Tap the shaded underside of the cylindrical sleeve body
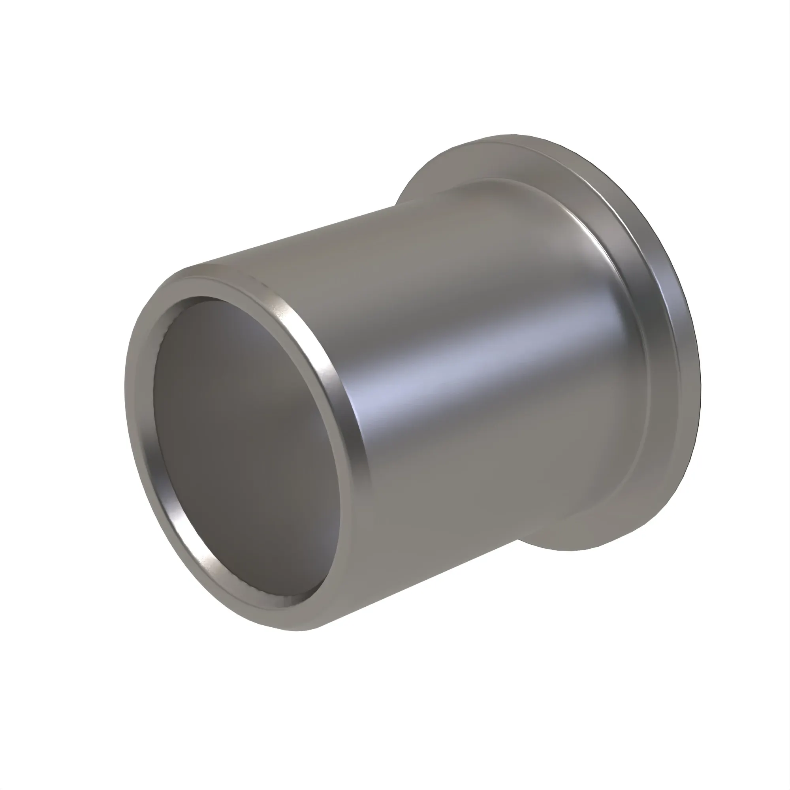429,552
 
